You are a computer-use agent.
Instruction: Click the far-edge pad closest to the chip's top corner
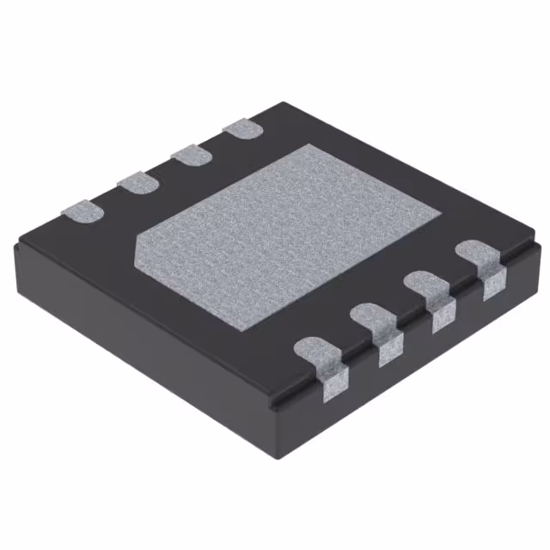point(242,129)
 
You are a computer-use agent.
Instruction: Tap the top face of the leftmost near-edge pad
point(318,353)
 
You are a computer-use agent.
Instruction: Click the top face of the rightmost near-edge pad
point(477,254)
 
